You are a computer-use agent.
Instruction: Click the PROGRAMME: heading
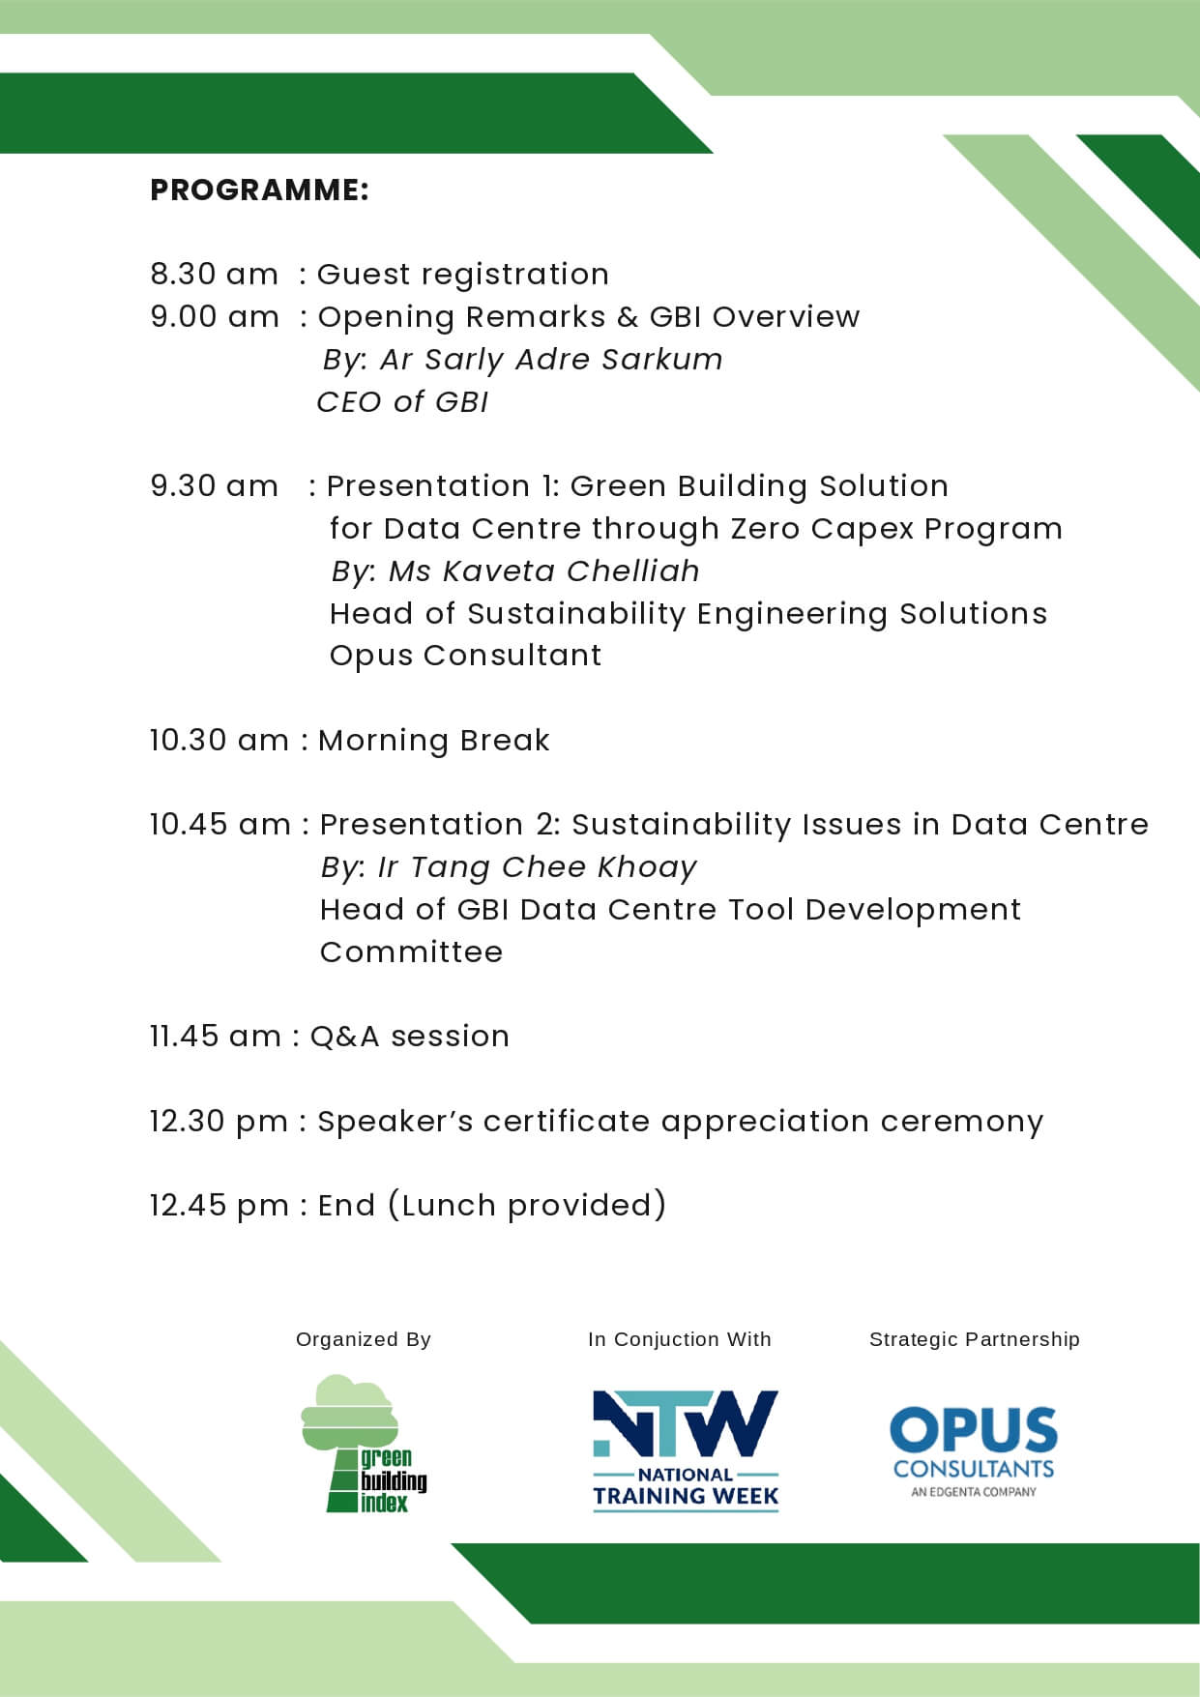[x=259, y=190]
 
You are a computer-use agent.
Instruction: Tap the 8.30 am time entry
[x=214, y=274]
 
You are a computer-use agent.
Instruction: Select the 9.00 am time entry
[x=215, y=316]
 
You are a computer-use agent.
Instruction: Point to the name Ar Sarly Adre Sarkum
[x=551, y=360]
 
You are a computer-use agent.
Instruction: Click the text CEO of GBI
[x=402, y=401]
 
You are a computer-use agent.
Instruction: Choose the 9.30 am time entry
[x=214, y=485]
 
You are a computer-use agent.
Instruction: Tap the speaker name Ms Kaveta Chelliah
[x=543, y=571]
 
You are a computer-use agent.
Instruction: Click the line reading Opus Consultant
[x=465, y=656]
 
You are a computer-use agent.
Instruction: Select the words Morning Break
[x=434, y=740]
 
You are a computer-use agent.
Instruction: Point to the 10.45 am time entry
[x=220, y=824]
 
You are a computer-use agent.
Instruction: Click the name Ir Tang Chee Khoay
[x=537, y=867]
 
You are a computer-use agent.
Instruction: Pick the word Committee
[x=411, y=951]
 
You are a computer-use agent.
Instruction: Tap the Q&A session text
[x=409, y=1036]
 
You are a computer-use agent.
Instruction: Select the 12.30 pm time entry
[x=219, y=1121]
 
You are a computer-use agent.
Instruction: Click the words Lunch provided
[x=527, y=1205]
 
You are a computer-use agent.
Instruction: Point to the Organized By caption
[x=364, y=1339]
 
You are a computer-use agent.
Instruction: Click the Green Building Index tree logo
[x=364, y=1444]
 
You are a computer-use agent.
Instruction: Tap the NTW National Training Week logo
[x=686, y=1450]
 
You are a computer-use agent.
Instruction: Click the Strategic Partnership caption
[x=975, y=1339]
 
